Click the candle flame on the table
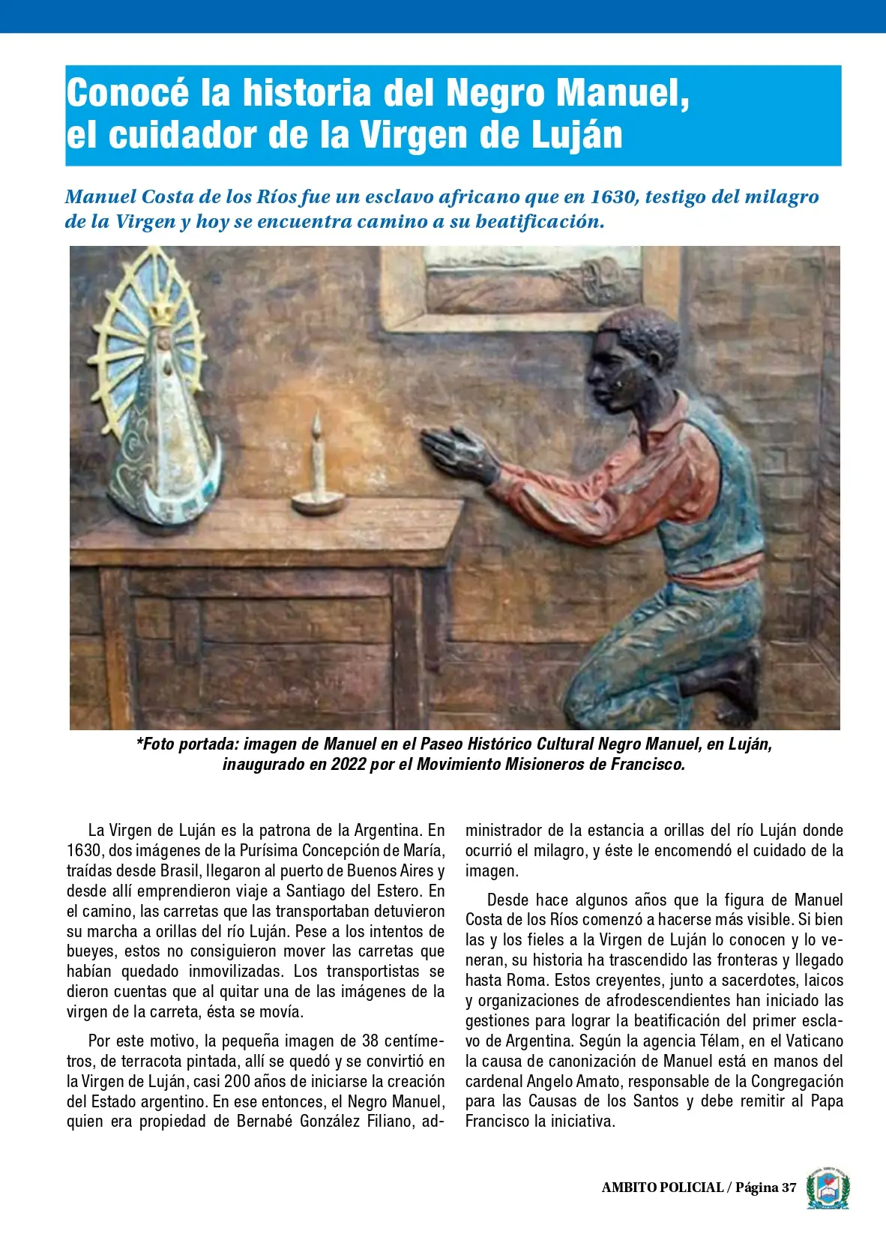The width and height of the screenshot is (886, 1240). point(317,424)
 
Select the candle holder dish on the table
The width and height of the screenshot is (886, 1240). point(319,502)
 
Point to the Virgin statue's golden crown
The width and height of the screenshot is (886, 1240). point(161,310)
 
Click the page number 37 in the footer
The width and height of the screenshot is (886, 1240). point(789,1188)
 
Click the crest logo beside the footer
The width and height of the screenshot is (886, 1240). point(828,1188)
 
